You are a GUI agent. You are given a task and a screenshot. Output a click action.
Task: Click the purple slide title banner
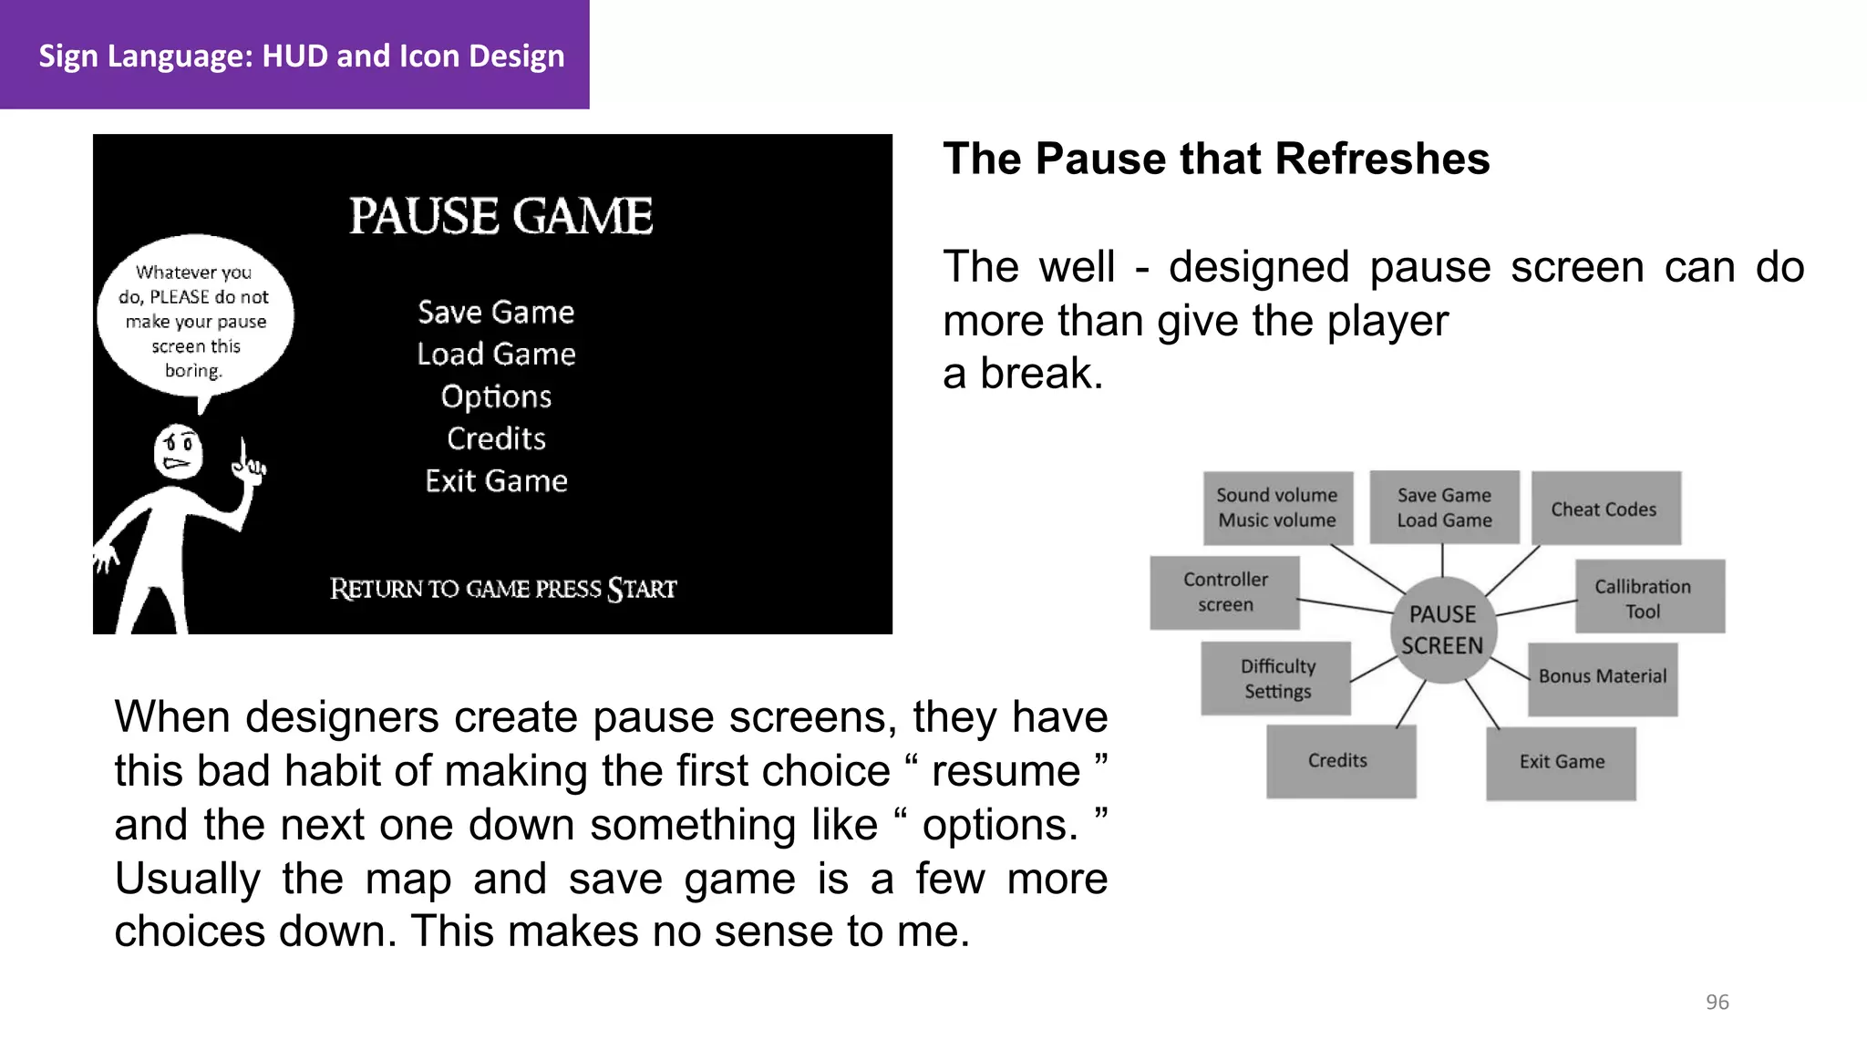pos(294,55)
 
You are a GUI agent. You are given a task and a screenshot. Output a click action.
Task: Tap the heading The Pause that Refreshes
pos(1216,160)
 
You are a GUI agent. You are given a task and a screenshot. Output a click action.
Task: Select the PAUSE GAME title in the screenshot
pos(500,217)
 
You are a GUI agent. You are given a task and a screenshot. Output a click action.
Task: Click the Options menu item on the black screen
pos(496,396)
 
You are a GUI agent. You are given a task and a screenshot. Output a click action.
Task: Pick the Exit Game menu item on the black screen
pos(496,481)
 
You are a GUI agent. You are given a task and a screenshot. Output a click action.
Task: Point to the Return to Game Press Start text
pos(502,589)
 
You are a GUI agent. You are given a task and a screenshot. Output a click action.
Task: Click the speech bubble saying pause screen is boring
pos(195,319)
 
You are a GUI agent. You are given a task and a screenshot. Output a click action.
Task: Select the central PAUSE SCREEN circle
pos(1442,630)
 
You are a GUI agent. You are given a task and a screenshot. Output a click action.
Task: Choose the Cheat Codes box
pos(1604,509)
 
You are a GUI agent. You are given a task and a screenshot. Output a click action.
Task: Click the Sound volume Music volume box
pos(1277,508)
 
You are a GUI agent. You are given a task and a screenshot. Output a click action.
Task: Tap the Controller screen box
pos(1225,592)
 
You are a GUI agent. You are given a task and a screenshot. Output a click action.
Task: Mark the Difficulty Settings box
pos(1276,679)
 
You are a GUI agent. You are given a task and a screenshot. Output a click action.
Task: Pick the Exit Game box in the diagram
pos(1561,763)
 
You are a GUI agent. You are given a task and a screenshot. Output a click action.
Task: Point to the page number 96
pos(1717,1003)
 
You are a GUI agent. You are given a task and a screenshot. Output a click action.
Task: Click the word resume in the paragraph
pos(1006,771)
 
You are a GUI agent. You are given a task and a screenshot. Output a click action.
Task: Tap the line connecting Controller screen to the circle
pos(1346,606)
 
